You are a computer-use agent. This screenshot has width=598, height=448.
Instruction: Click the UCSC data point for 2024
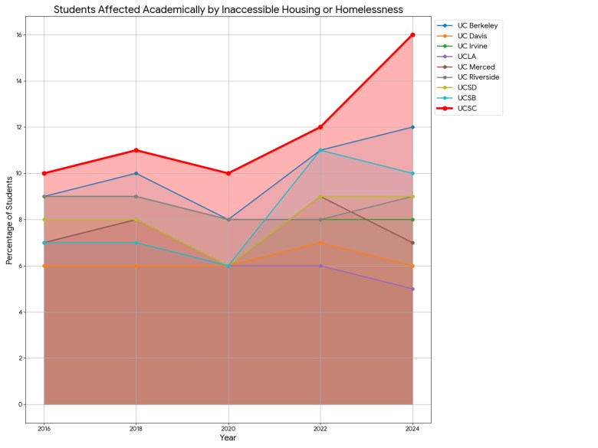[x=412, y=34]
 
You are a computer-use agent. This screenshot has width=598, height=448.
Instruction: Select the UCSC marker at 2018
[x=136, y=150]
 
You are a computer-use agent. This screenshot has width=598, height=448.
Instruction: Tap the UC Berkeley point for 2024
[x=412, y=127]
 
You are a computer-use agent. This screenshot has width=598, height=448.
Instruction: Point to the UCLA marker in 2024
[x=412, y=289]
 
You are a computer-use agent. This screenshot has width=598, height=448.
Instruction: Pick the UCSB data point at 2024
[x=412, y=173]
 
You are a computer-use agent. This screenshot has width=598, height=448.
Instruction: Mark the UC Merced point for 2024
[x=412, y=243]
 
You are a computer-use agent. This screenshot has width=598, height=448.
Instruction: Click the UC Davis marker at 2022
[x=320, y=243]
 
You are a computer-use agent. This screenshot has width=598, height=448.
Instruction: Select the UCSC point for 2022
[x=320, y=127]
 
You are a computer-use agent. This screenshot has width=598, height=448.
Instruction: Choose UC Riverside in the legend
[x=478, y=77]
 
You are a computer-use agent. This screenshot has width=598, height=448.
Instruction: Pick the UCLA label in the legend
[x=468, y=57]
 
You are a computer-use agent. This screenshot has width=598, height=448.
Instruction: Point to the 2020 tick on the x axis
[x=228, y=429]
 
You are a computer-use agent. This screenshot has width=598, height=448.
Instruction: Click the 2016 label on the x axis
[x=44, y=429]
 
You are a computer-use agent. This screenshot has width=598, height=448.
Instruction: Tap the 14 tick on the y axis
[x=18, y=81]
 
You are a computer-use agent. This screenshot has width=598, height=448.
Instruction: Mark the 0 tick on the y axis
[x=21, y=404]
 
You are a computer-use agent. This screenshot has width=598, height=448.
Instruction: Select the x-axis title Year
[x=228, y=438]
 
